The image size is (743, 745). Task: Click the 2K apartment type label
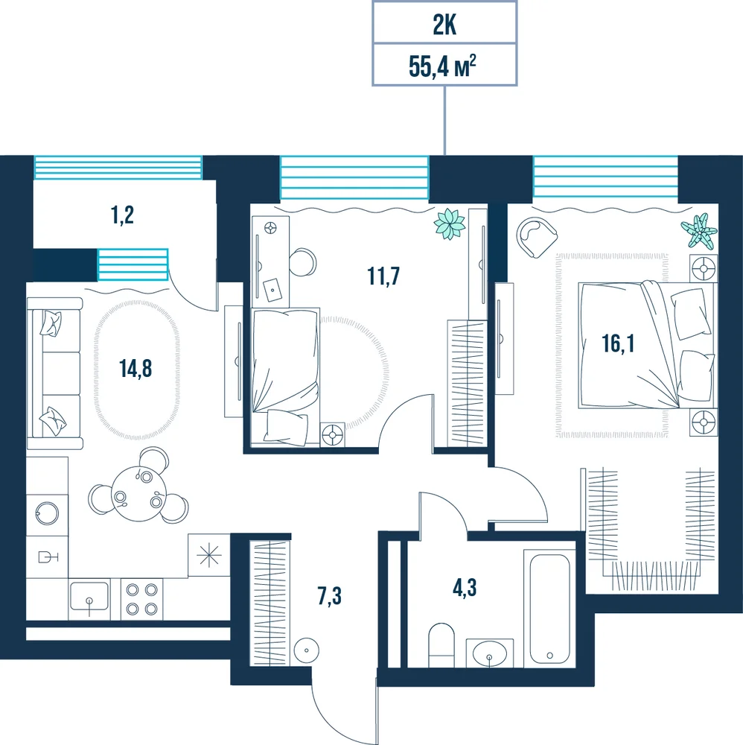click(x=444, y=25)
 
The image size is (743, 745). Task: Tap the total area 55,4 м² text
click(x=442, y=66)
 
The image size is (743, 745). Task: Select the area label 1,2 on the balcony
click(x=123, y=215)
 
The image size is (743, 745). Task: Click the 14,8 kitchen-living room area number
click(x=135, y=368)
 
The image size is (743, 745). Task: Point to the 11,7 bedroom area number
click(x=383, y=276)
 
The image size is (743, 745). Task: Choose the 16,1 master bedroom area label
click(x=618, y=343)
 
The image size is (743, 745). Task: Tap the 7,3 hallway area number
click(x=330, y=596)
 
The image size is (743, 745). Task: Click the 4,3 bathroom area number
click(x=465, y=588)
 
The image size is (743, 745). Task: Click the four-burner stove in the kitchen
click(x=141, y=599)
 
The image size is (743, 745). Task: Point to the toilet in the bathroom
click(x=441, y=645)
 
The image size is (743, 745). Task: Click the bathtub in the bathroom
click(x=549, y=608)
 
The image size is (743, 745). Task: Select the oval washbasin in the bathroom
click(x=489, y=653)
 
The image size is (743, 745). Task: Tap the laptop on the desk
click(x=272, y=290)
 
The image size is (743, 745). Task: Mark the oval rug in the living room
click(x=137, y=370)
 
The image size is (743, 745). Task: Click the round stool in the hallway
click(x=306, y=650)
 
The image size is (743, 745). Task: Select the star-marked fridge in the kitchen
click(x=209, y=556)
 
